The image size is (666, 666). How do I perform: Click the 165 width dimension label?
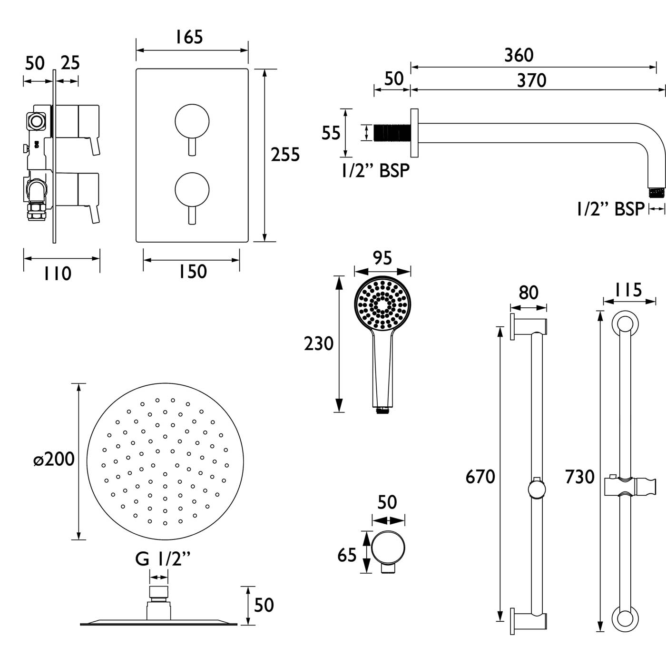[x=189, y=37]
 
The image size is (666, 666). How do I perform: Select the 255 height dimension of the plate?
[x=285, y=155]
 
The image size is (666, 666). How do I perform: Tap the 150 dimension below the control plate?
[x=192, y=272]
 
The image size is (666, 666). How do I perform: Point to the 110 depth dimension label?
[x=58, y=274]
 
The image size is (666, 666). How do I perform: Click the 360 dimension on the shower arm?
[x=519, y=55]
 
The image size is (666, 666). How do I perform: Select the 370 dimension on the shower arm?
[x=531, y=80]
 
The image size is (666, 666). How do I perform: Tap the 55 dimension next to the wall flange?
[x=331, y=133]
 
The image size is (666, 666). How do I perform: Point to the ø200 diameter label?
[x=54, y=460]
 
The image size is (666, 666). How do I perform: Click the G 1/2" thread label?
[x=162, y=558]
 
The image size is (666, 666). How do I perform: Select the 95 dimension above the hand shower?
[x=382, y=258]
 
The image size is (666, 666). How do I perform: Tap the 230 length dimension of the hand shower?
[x=319, y=343]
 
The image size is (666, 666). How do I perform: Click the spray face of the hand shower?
[x=382, y=303]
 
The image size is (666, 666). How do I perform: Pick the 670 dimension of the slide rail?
[x=480, y=476]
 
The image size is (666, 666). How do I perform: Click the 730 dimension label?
[x=579, y=476]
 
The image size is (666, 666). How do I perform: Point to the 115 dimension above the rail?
[x=628, y=290]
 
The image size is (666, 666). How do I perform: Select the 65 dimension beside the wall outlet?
[x=347, y=555]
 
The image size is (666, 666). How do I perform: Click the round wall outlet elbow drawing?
[x=388, y=548]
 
